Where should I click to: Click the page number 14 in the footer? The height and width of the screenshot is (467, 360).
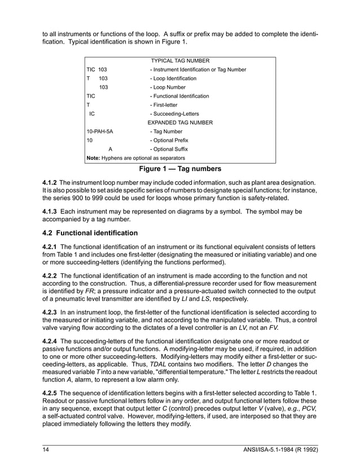(47, 449)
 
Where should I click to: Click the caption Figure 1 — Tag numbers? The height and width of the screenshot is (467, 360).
(180, 168)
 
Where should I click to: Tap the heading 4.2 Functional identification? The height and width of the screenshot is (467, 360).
(90, 233)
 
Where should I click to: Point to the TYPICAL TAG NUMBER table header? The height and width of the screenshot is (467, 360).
(180, 60)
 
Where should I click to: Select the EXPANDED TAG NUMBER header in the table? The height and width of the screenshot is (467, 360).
(180, 122)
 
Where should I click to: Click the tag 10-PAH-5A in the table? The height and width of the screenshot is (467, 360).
(99, 131)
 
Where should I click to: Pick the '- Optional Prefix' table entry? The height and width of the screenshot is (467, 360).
(169, 140)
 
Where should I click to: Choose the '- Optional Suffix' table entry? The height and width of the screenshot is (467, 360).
(169, 149)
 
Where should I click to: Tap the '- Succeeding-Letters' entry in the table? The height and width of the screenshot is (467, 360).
(174, 114)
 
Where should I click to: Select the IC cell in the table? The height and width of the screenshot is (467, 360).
(93, 114)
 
